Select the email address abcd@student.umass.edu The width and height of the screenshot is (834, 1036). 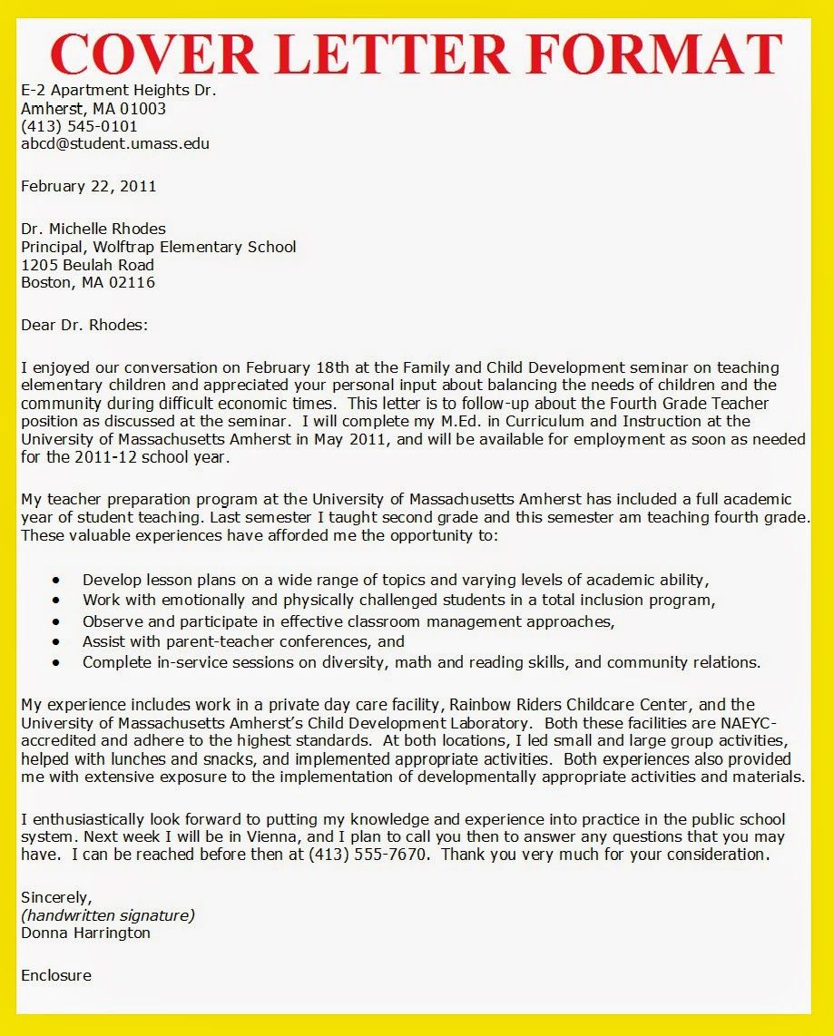tap(115, 143)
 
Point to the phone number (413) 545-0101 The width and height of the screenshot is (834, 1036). tap(79, 126)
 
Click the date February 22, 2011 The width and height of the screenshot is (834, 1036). tap(88, 186)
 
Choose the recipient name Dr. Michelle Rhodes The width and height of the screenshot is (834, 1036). tap(93, 229)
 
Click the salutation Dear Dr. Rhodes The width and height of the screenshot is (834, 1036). tap(83, 325)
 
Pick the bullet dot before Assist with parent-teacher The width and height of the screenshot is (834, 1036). tap(57, 642)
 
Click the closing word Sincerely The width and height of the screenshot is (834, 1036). tap(54, 897)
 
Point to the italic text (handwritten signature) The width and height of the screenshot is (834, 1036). tap(107, 915)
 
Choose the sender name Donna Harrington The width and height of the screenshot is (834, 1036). tap(85, 933)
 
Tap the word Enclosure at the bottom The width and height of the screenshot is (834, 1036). tap(55, 975)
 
